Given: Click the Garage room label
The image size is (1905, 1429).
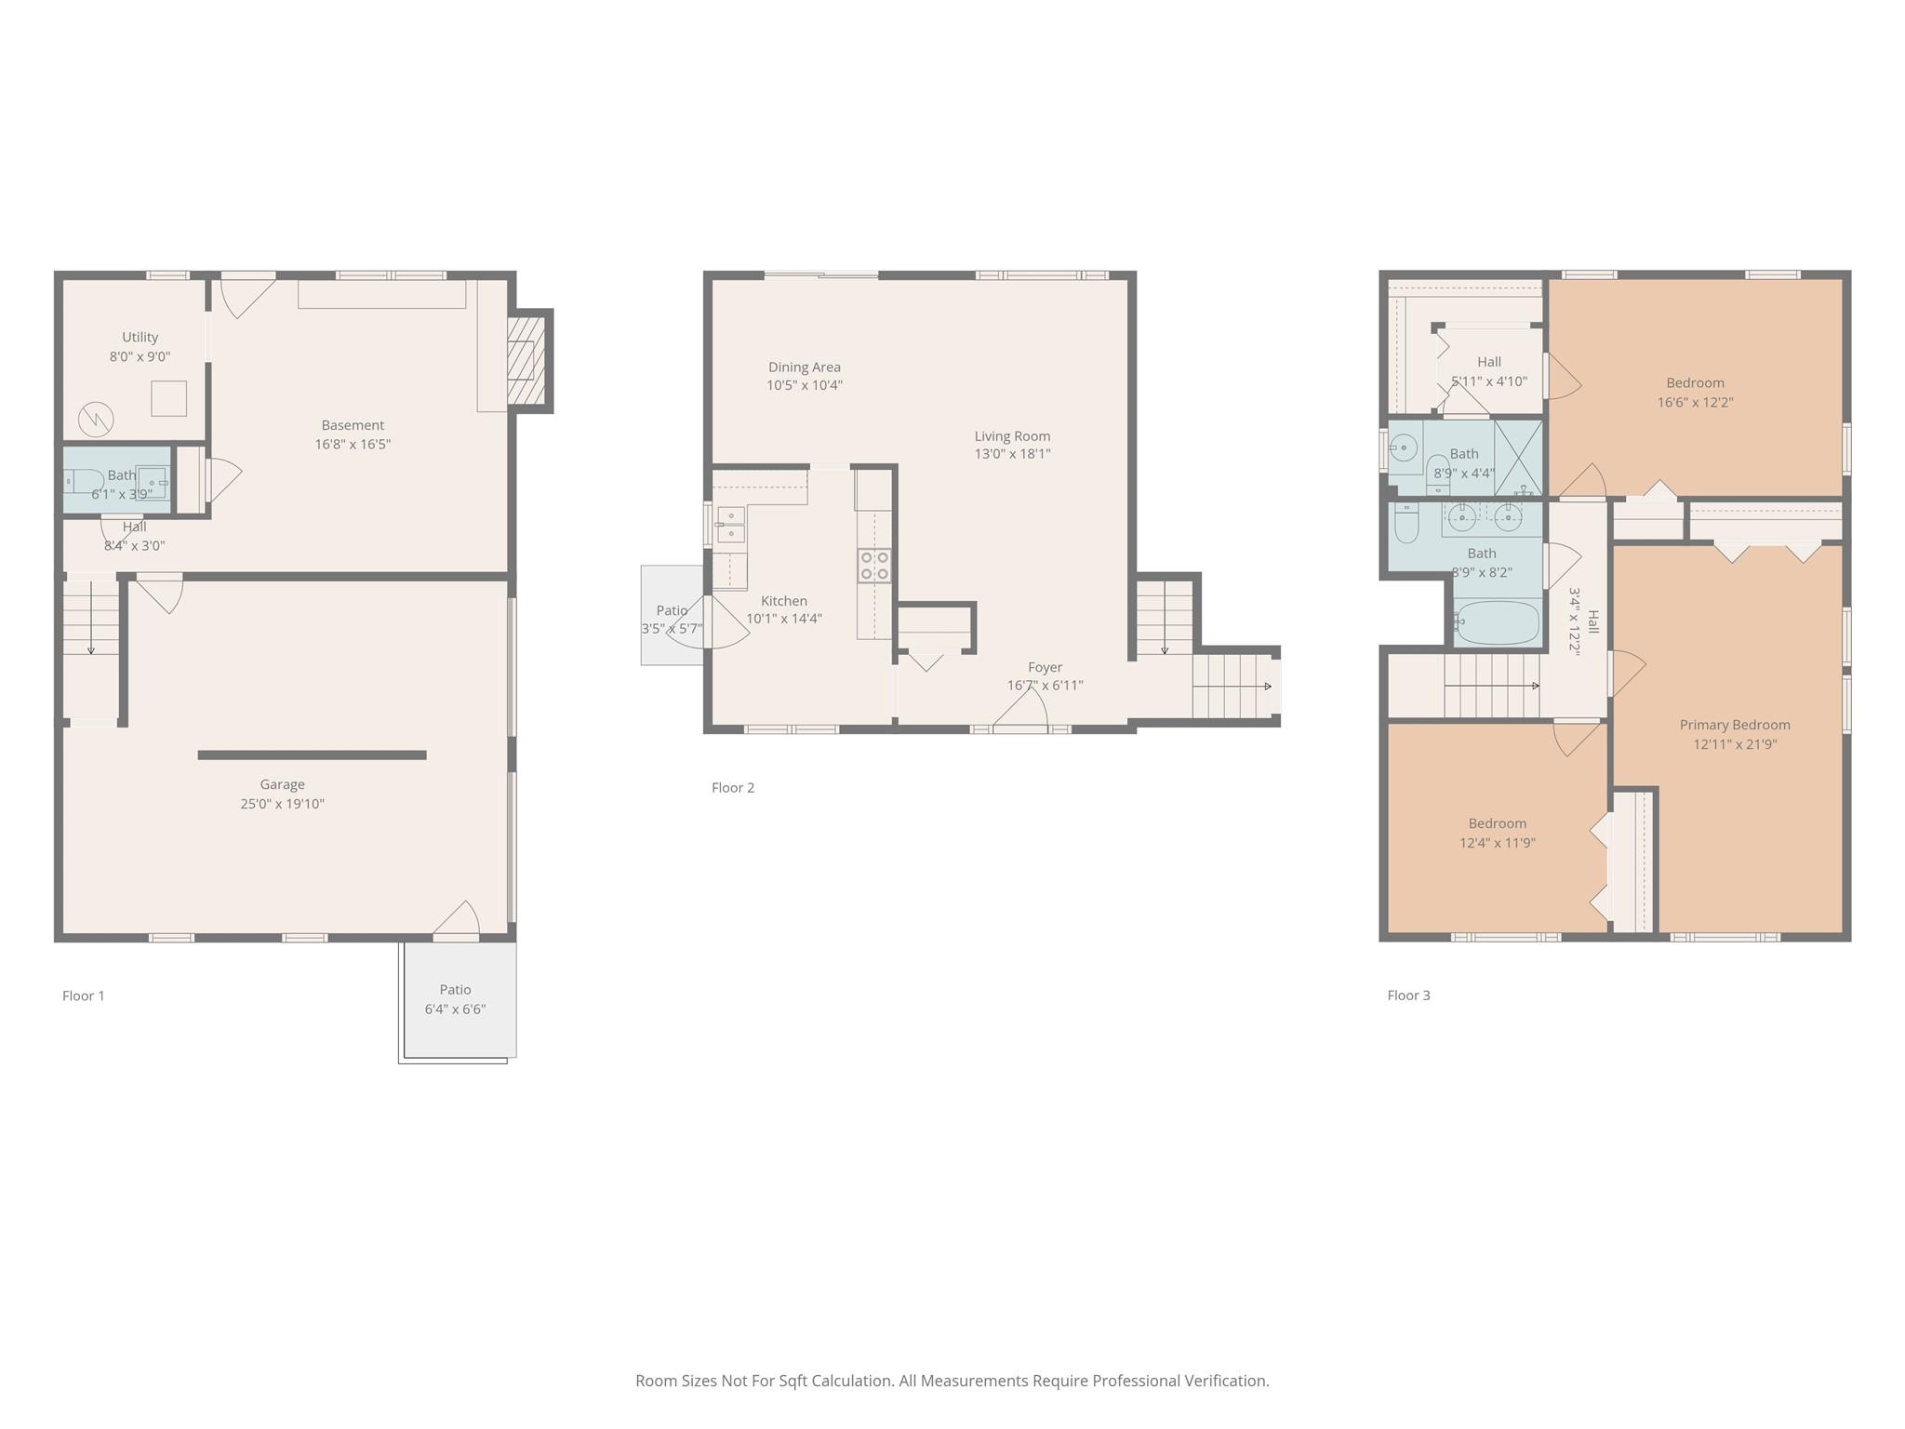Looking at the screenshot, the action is tap(282, 784).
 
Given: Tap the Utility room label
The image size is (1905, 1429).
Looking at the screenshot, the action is tap(140, 337).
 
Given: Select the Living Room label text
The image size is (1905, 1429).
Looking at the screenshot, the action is tap(1012, 435).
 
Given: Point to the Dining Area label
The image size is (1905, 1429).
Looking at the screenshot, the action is tap(805, 367).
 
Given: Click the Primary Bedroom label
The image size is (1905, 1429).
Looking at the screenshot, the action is tap(1735, 725).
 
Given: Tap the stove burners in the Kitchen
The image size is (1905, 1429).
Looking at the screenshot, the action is tap(874, 566).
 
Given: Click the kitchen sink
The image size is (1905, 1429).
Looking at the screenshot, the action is tap(730, 525).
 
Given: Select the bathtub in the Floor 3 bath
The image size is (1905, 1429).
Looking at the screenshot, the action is tap(1497, 622).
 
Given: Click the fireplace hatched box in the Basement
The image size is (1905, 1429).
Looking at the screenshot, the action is tap(526, 360).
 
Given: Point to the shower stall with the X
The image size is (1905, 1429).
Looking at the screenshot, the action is tap(1517, 458).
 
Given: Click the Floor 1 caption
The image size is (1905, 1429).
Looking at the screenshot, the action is tap(84, 995).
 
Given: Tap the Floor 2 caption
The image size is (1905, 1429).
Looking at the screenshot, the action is tap(733, 787).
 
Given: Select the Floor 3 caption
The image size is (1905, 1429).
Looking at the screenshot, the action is tap(1408, 995).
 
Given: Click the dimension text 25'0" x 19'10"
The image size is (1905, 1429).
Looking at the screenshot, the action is tap(282, 804).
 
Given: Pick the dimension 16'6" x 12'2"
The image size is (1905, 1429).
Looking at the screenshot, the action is tap(1695, 402).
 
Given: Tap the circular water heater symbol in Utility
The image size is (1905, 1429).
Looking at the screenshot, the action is tap(95, 419).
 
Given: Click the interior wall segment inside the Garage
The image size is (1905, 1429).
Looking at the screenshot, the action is tap(313, 755).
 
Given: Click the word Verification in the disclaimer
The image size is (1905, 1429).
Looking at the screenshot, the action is tap(1226, 1381).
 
